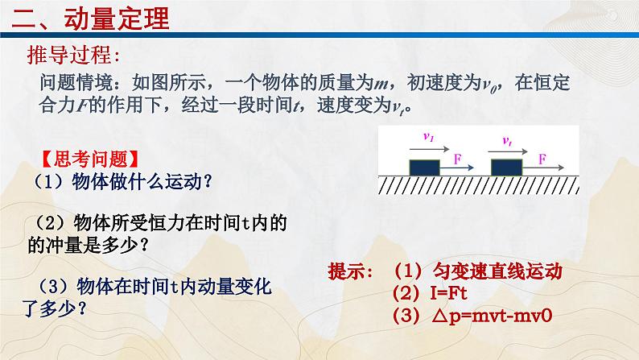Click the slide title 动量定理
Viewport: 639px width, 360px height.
[x=117, y=19]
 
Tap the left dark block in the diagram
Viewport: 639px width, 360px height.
[x=424, y=168]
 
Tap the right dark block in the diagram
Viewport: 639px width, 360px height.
[x=506, y=168]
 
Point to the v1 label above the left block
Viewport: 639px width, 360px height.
[x=428, y=137]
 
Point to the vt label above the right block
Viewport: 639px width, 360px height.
[x=507, y=141]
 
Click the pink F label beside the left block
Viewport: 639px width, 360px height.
[x=458, y=159]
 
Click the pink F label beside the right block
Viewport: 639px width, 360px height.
[x=542, y=159]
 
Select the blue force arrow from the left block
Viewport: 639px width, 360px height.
[x=457, y=168]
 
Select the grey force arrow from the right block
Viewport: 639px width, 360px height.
[x=542, y=168]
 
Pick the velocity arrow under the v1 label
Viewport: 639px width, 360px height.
[x=430, y=149]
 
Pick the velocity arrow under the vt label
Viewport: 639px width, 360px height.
[x=508, y=152]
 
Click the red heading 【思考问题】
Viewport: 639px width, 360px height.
[x=90, y=159]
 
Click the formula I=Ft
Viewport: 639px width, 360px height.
[x=449, y=293]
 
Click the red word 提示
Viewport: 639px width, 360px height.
[x=346, y=271]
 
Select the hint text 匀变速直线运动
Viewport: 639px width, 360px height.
[x=497, y=271]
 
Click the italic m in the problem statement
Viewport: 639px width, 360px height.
[x=381, y=84]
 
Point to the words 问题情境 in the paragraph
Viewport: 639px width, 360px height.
[x=76, y=83]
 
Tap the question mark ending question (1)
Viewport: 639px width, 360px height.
[x=208, y=182]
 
